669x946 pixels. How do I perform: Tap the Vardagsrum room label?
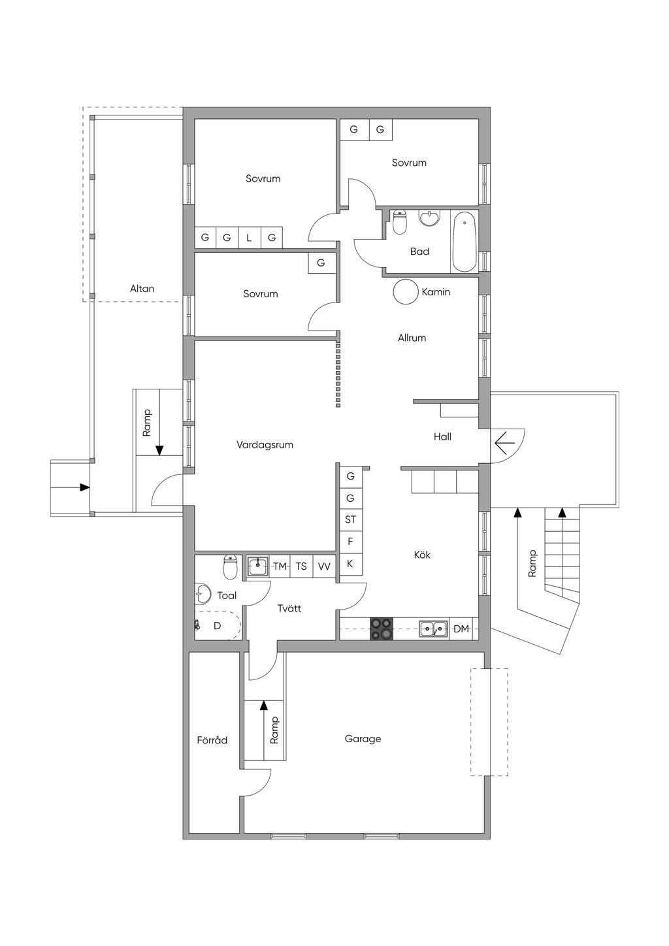[265, 445]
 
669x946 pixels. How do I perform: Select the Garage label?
[363, 739]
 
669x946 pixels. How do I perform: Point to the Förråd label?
[212, 740]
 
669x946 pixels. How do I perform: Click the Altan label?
[142, 289]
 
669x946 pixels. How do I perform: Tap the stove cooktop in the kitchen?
[382, 629]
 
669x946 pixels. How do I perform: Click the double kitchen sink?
[433, 629]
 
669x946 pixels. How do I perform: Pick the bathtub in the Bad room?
[464, 241]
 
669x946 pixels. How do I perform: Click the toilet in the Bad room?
[400, 221]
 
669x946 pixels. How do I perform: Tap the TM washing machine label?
[280, 566]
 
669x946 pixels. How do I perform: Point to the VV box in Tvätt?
[324, 566]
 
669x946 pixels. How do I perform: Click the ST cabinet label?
[350, 519]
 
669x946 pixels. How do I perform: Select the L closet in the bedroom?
[249, 238]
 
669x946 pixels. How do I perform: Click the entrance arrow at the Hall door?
[505, 442]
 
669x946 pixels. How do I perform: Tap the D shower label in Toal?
[217, 625]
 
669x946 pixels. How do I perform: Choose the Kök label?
[422, 555]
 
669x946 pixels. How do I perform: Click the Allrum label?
[412, 338]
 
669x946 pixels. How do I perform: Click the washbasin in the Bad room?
[429, 218]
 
